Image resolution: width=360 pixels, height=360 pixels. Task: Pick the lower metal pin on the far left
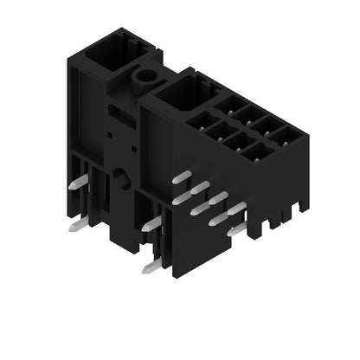point(76,226)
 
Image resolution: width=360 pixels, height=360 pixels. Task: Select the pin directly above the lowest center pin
point(151,225)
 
